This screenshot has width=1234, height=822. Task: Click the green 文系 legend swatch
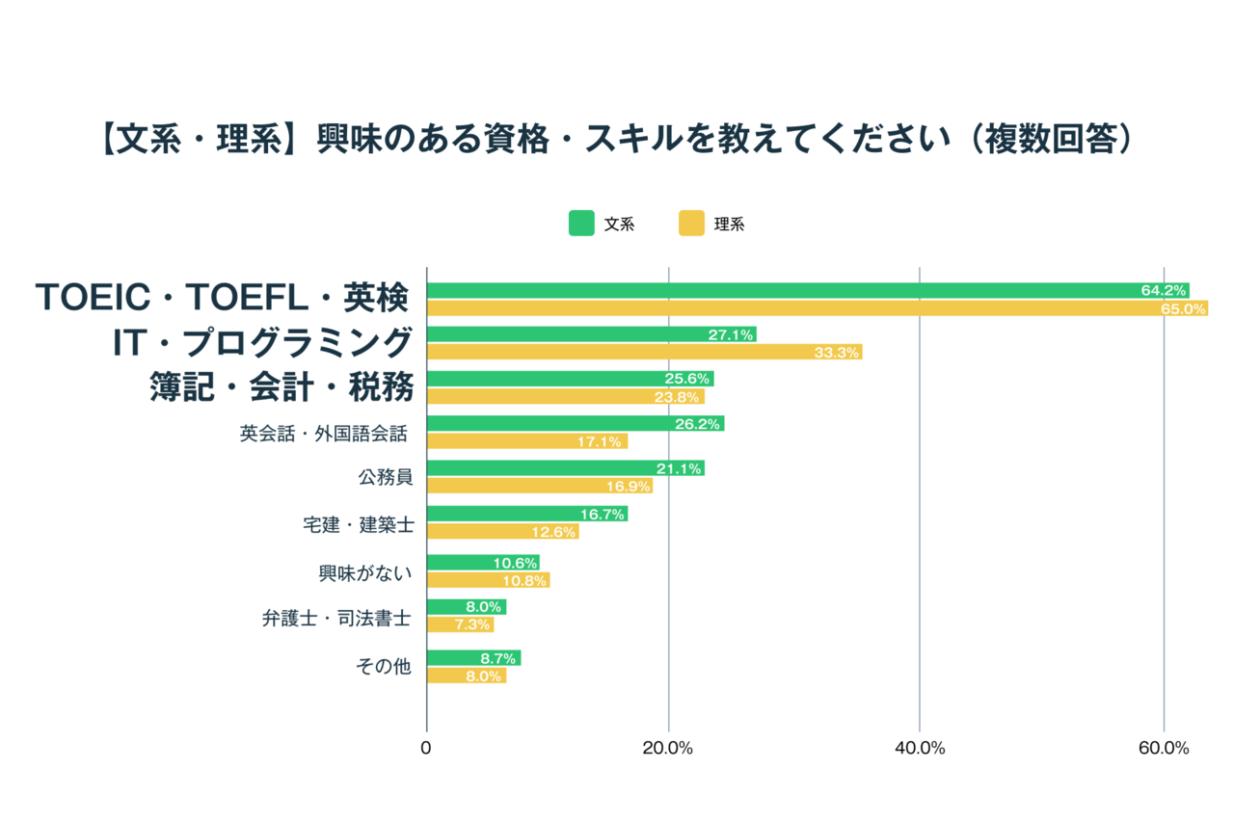(581, 224)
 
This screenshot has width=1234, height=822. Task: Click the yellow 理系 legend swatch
(691, 224)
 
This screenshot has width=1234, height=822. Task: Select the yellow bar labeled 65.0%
(817, 308)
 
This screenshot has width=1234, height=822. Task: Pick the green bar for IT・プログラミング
(591, 334)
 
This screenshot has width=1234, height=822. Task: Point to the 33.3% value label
(836, 353)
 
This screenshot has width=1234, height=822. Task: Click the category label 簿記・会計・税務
(282, 387)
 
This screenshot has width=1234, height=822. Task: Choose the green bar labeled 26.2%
(575, 423)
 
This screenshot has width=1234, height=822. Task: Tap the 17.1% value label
(602, 441)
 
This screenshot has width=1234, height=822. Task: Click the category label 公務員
(385, 477)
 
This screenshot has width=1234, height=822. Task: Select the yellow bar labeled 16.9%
(539, 486)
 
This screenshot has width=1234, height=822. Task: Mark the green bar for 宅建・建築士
(526, 514)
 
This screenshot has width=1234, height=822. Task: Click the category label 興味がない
(365, 573)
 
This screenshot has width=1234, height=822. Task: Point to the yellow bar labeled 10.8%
(488, 580)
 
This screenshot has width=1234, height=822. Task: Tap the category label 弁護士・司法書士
(336, 619)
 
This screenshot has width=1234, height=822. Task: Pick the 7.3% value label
(474, 625)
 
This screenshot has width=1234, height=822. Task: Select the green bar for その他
(473, 657)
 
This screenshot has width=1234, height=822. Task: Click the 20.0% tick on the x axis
(668, 749)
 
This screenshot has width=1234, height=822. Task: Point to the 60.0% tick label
(1164, 749)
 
